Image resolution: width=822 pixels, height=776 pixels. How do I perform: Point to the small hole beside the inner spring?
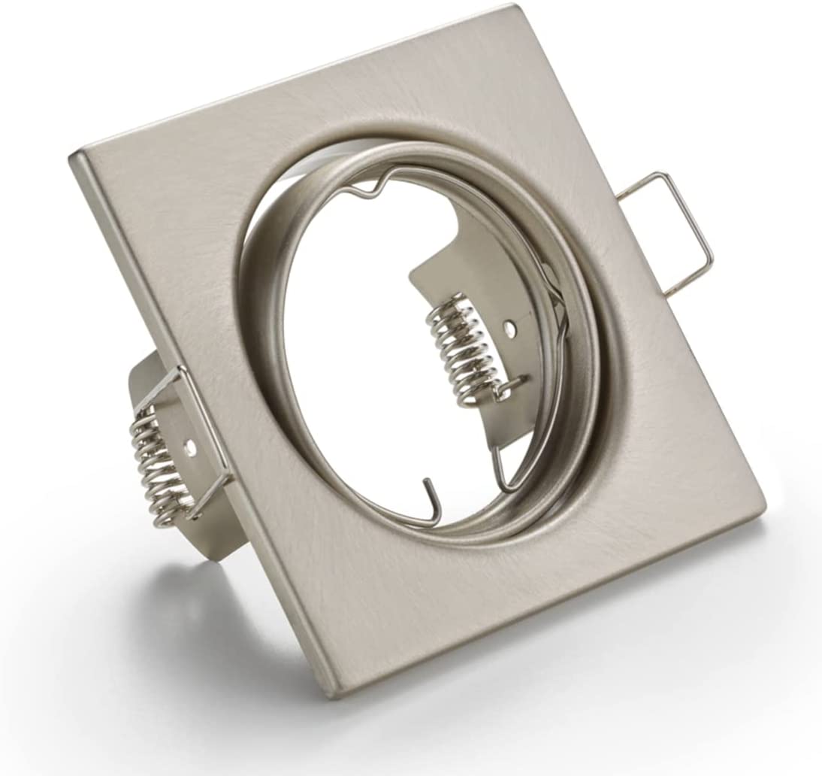point(510,328)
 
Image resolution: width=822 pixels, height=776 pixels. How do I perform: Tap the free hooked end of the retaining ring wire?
point(428,490)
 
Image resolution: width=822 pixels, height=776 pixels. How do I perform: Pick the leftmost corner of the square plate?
point(72,156)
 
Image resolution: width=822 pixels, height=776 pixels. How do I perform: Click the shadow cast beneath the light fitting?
point(225,647)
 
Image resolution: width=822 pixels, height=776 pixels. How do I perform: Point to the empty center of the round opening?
point(361,338)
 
